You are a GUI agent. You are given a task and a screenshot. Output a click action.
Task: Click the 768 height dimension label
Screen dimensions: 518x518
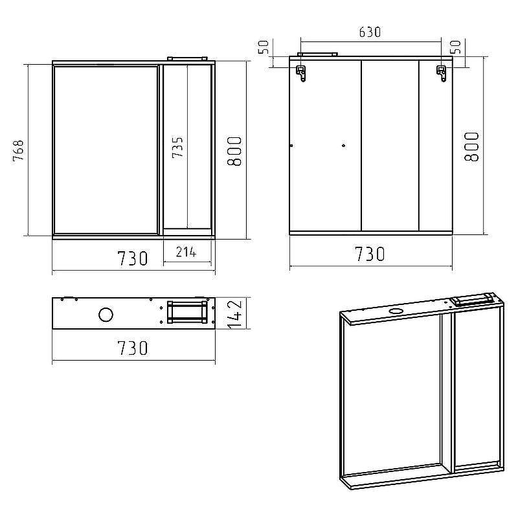point(19,150)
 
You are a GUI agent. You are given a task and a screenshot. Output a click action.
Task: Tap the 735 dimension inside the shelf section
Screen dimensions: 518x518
point(177,148)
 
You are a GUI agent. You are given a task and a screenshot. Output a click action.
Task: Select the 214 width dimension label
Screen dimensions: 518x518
point(186,253)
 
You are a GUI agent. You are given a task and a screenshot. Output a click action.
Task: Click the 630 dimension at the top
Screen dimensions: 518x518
point(370,32)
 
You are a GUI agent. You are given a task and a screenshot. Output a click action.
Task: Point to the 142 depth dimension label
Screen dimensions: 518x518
point(236,313)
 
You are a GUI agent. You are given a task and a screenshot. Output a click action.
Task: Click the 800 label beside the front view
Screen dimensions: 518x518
point(234,151)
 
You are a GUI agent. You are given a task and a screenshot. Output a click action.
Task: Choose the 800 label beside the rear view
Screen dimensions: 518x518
point(471,147)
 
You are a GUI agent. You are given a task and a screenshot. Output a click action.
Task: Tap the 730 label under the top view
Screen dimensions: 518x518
point(133,348)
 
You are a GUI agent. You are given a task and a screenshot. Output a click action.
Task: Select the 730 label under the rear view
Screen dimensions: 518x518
point(370,254)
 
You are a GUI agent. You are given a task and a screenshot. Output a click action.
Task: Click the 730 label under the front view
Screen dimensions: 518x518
point(133,258)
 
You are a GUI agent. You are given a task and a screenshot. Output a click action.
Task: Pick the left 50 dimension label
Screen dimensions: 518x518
point(264,47)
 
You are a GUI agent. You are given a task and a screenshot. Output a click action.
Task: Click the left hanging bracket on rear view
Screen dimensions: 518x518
point(301,73)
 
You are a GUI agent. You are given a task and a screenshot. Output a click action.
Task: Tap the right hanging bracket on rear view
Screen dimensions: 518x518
point(442,73)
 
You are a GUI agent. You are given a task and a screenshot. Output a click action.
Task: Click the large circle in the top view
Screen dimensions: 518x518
point(106,314)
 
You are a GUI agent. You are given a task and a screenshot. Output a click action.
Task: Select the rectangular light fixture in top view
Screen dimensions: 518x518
point(187,313)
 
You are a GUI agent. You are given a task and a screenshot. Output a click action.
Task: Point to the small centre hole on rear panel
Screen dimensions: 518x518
point(344,145)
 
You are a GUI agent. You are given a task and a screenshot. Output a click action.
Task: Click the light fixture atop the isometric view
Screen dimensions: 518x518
point(473,299)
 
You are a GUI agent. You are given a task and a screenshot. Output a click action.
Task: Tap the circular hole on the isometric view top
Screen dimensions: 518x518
point(394,311)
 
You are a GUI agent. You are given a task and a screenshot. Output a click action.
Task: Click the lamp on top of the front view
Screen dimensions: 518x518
point(187,59)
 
